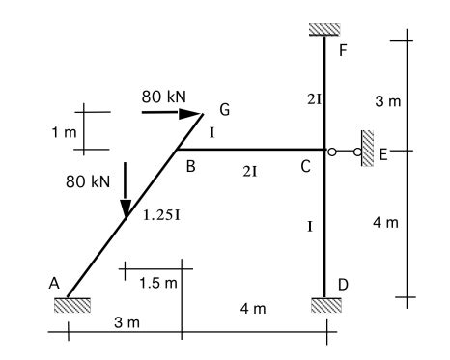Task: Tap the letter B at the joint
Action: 191,167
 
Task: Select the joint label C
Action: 304,167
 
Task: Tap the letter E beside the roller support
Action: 382,152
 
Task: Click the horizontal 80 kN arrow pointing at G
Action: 170,113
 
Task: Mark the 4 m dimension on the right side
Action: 384,224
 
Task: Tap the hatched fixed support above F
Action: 325,28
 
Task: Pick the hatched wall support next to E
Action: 367,150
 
